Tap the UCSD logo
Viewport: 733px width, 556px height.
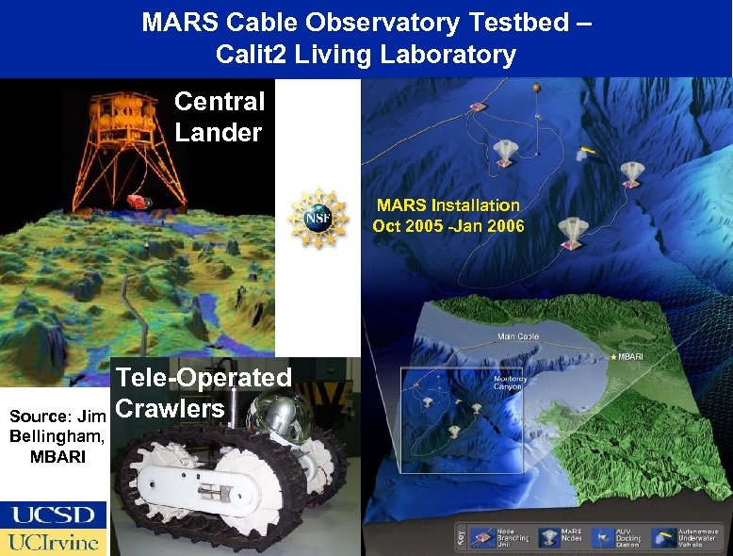pyautogui.click(x=54, y=515)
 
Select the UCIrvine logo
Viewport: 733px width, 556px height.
pyautogui.click(x=54, y=542)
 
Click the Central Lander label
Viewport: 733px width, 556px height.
pyautogui.click(x=220, y=116)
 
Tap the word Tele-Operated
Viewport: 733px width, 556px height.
pyautogui.click(x=203, y=378)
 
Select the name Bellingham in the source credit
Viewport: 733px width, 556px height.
pyautogui.click(x=57, y=436)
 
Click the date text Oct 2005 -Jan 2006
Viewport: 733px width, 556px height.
pyautogui.click(x=448, y=225)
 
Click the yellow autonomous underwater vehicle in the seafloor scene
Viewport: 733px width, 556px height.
pyautogui.click(x=588, y=150)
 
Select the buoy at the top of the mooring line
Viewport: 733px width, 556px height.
pyautogui.click(x=536, y=87)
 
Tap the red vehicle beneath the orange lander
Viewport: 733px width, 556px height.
pyautogui.click(x=138, y=201)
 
